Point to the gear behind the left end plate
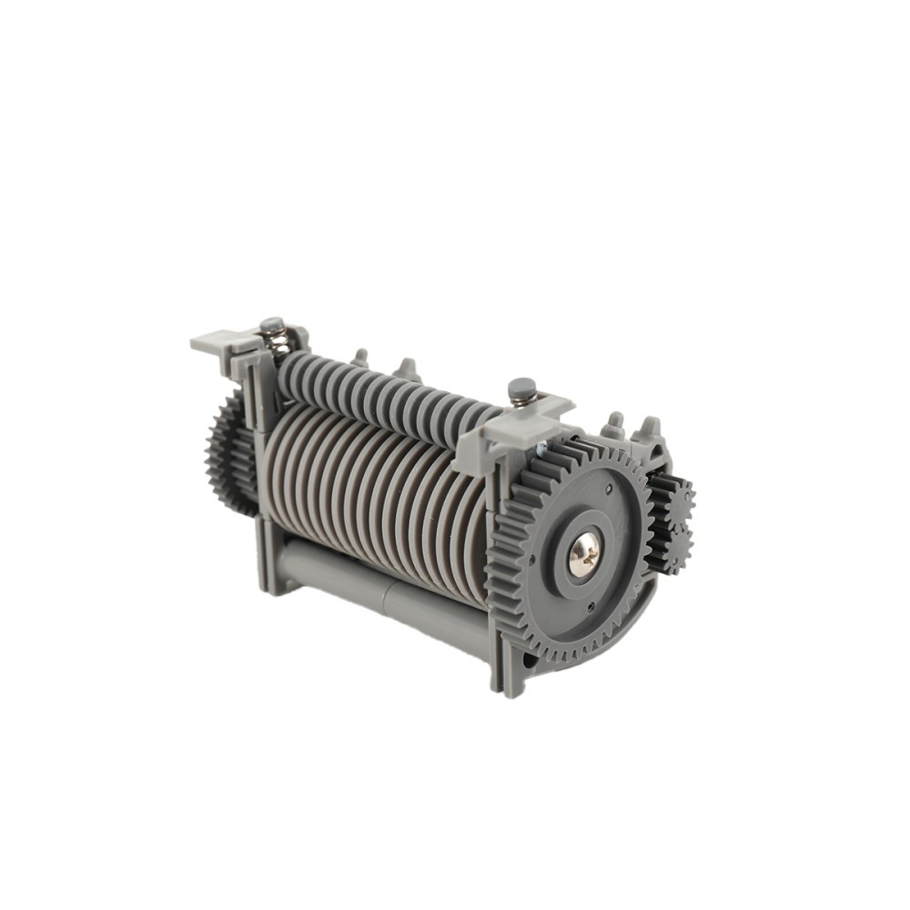tap(227, 455)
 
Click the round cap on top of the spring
tap(270, 323)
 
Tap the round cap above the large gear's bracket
tap(521, 389)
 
